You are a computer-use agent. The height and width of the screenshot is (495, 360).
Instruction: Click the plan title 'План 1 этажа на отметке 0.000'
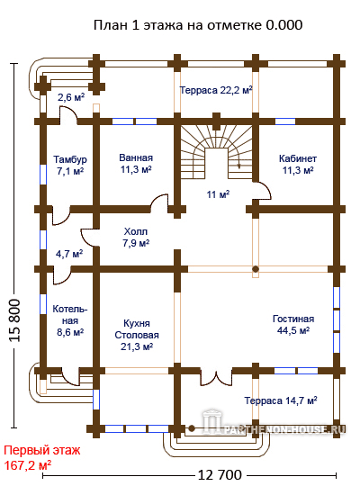198,25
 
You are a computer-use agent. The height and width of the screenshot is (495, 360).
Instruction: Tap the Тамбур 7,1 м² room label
70,165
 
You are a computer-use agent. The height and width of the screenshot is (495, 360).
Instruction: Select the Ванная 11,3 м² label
136,163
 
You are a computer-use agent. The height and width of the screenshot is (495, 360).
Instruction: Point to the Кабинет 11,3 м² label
298,164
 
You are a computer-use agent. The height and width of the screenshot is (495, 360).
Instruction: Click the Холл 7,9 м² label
136,238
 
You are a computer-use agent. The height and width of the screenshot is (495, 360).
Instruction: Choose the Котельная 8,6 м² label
70,320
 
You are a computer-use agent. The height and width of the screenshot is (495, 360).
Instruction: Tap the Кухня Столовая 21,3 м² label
137,335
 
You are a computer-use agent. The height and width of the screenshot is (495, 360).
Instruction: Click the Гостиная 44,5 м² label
293,325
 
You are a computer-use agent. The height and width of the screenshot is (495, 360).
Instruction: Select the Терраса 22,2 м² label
216,90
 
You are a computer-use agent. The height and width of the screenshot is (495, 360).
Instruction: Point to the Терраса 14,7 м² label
281,400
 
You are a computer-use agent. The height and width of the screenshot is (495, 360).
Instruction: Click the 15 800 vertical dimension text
14,320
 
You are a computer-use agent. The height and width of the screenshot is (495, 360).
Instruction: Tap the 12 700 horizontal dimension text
220,474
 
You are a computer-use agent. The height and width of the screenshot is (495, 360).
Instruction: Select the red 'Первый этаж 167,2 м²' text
42,458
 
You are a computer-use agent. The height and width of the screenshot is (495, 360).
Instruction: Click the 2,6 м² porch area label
71,97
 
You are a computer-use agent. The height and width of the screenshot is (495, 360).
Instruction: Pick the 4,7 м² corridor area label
69,254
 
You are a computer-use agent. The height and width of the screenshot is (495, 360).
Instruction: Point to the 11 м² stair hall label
218,194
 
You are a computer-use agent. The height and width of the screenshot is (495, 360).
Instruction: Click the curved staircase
217,148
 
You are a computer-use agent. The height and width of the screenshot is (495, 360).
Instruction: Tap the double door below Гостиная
216,377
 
